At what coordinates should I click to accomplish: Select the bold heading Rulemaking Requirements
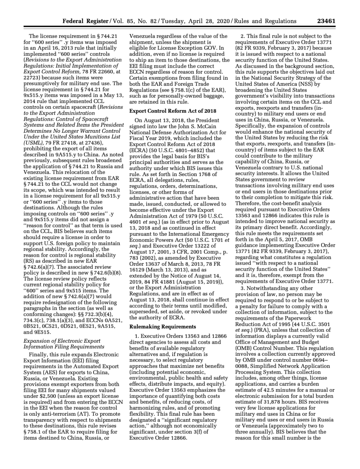pos(162,327)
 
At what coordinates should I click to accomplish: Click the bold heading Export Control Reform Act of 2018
pos(173,111)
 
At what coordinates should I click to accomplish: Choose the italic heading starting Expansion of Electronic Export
pos(62,341)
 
